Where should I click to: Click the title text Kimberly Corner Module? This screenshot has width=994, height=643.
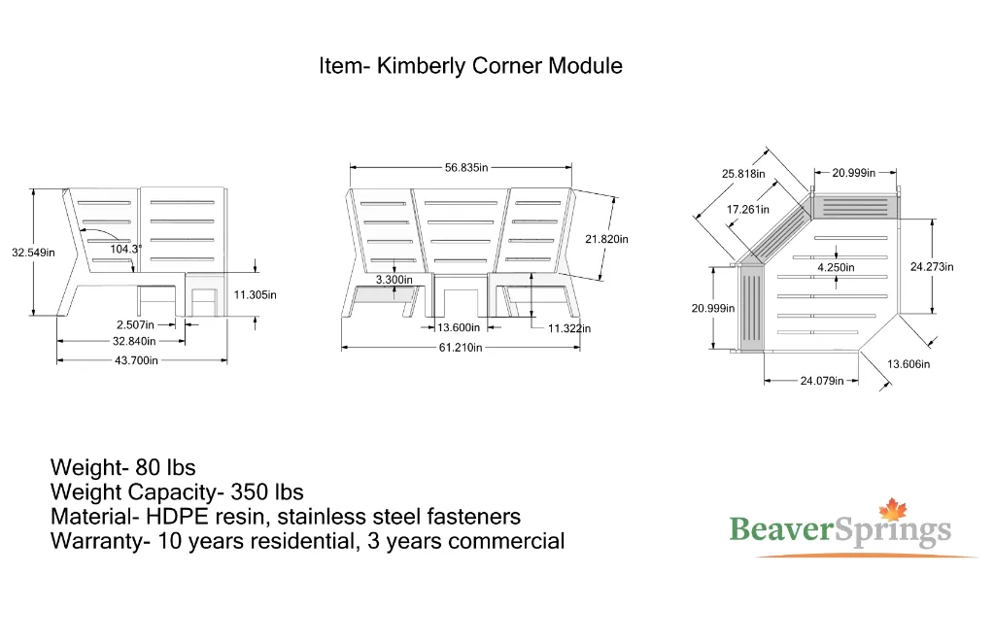[x=470, y=66]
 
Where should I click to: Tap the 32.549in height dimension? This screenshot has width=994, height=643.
[x=33, y=253]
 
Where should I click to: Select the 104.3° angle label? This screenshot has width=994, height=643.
[x=124, y=250]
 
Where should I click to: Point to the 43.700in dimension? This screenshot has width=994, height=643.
[x=136, y=360]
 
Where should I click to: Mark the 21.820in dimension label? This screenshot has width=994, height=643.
[x=606, y=239]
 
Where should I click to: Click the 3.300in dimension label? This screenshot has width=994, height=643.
[x=394, y=280]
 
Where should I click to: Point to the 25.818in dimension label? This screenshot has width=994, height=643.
[x=743, y=174]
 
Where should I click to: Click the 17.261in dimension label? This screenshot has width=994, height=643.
[x=748, y=209]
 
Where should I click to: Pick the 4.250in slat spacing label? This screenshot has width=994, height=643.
[x=836, y=267]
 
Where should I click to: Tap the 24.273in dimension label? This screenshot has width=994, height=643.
[x=931, y=266]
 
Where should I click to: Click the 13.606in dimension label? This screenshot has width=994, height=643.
[x=908, y=364]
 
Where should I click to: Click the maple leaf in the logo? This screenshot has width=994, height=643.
[x=891, y=510]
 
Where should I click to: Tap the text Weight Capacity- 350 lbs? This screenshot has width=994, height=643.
[x=177, y=492]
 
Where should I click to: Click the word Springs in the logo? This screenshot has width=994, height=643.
[x=894, y=531]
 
